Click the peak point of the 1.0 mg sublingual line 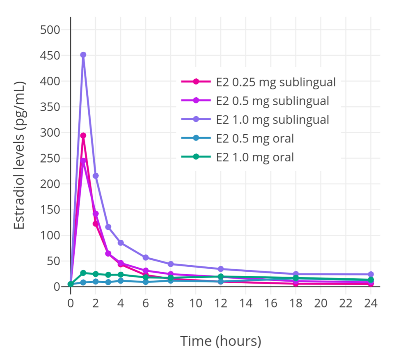[x=83, y=55]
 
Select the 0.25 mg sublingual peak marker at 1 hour [x=83, y=135]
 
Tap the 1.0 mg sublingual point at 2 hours [x=96, y=176]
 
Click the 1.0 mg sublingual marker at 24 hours [x=371, y=274]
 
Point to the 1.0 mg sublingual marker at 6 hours [x=146, y=257]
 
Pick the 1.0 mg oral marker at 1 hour [x=83, y=273]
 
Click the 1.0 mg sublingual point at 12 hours [x=221, y=269]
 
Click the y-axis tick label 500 [x=50, y=30]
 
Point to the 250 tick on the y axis [x=50, y=158]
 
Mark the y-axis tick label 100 [x=50, y=235]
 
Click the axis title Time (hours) [x=221, y=341]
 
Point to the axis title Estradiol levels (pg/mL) [x=20, y=156]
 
